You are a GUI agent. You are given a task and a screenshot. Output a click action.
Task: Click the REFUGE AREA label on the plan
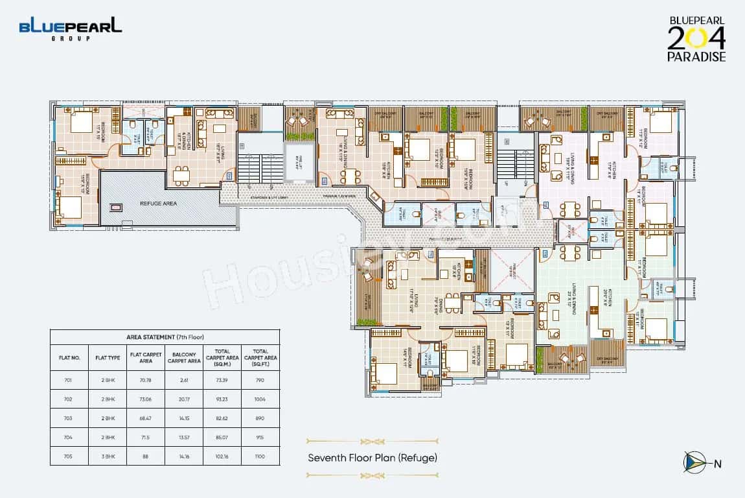pos(159,203)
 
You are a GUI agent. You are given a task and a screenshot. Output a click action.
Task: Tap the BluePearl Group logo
pos(70,29)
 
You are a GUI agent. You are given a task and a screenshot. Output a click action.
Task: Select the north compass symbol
pos(694,462)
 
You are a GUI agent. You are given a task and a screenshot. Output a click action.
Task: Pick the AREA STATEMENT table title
pos(165,337)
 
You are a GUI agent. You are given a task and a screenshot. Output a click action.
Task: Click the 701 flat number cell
pos(69,379)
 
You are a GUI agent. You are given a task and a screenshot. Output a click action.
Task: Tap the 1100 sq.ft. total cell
pos(260,456)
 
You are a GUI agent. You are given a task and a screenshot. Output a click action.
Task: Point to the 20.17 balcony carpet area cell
pos(184,399)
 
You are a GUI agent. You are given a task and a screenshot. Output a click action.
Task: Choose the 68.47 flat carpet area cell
pos(146,418)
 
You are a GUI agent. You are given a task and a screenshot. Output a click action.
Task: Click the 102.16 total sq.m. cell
pos(222,456)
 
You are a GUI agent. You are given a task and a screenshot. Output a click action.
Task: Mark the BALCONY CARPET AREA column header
pos(184,357)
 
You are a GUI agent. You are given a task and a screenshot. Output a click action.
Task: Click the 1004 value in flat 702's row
pos(260,399)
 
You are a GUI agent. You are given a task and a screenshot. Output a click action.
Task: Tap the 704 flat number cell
pos(69,437)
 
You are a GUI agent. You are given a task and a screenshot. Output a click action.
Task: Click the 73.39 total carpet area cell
pos(222,379)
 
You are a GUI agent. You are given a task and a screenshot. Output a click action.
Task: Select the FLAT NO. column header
pos(69,357)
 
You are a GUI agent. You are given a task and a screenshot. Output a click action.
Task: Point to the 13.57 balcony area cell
pos(184,437)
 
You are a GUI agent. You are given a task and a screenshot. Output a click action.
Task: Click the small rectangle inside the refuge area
pos(116,208)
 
